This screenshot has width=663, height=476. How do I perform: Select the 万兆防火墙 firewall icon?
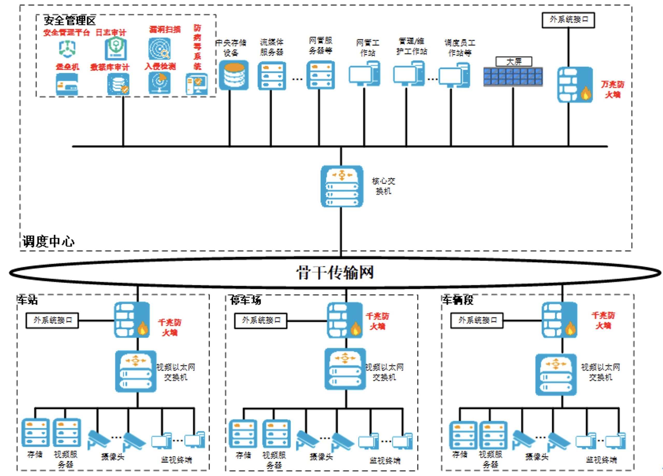(575, 84)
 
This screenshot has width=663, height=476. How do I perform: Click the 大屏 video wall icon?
(513, 77)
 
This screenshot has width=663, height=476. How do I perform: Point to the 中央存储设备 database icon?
(234, 75)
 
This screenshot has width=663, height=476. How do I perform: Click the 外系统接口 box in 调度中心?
(568, 20)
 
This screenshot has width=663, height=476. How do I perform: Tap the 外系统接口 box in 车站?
(52, 320)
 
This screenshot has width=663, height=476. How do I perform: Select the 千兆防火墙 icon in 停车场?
(345, 320)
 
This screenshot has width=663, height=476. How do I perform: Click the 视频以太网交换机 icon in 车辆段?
(556, 375)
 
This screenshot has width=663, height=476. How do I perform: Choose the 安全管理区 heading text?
(70, 20)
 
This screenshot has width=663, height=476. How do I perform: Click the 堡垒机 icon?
(67, 84)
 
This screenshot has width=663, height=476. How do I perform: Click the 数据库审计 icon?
(118, 84)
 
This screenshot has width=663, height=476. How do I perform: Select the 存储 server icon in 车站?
(35, 433)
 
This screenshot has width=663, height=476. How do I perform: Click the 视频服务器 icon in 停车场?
(276, 434)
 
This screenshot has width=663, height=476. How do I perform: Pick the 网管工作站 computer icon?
(365, 73)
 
